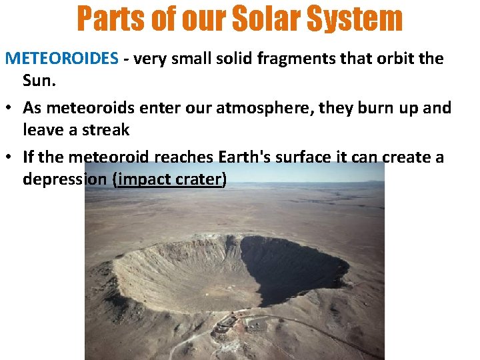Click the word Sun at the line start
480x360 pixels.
click(x=36, y=81)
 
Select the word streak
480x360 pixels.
click(x=103, y=130)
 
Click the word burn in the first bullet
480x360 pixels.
click(x=370, y=108)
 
